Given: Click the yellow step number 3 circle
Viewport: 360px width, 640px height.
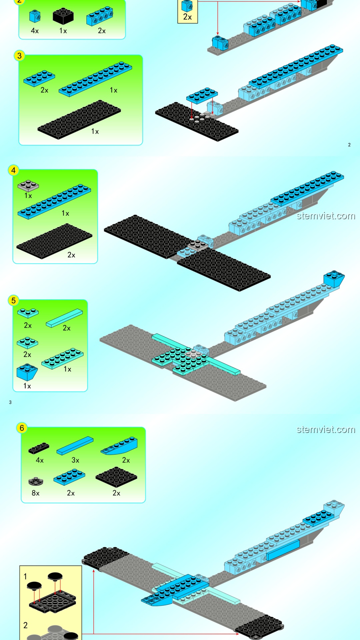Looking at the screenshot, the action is click(19, 56).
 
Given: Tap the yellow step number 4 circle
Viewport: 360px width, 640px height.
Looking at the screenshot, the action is click(13, 170).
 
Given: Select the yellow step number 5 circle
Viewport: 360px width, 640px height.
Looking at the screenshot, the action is click(13, 301).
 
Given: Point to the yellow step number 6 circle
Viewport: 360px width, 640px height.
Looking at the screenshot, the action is click(22, 428).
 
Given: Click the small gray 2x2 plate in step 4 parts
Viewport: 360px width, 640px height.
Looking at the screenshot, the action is click(28, 186).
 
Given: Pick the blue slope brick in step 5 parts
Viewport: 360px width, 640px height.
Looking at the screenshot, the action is click(27, 372).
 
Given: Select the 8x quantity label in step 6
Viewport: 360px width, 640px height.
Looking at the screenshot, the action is click(35, 493).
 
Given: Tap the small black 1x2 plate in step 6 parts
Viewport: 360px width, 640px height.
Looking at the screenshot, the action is click(39, 448).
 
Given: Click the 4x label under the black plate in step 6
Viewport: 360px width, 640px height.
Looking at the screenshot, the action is click(40, 460).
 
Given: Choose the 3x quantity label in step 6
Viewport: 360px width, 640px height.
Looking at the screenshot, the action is click(75, 460).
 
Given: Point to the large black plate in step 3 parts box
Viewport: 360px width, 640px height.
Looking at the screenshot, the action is click(79, 119).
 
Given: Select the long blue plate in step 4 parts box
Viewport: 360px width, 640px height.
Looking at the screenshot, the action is click(54, 201).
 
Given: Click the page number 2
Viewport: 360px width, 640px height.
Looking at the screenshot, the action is click(349, 145).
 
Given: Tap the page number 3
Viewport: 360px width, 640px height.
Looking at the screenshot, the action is click(10, 402).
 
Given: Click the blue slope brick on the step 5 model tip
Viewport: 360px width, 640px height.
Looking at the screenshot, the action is click(334, 279).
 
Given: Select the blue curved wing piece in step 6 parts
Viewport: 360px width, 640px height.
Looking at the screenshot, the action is click(119, 446).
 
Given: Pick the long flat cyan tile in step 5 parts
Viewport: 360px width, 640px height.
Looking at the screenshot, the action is click(64, 318).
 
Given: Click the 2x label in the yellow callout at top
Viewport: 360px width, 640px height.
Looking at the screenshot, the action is click(188, 17).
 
